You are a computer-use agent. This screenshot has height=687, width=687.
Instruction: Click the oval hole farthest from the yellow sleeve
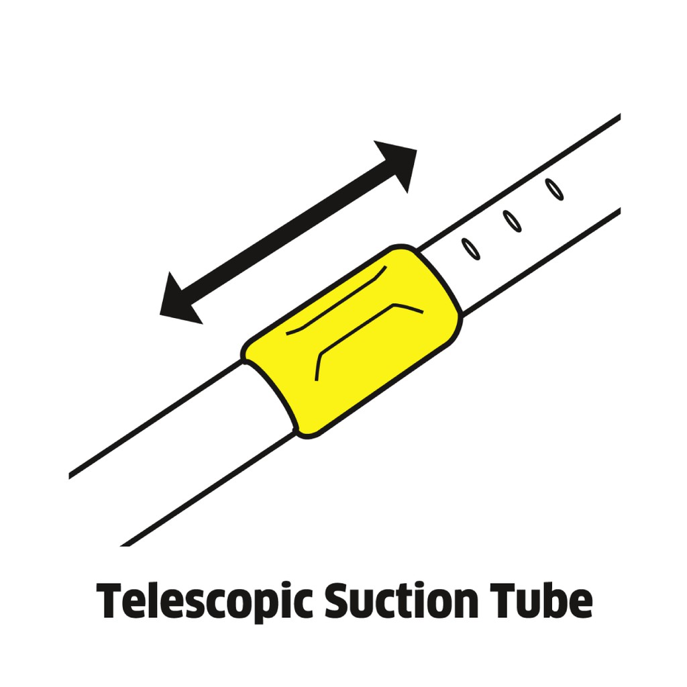555,189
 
